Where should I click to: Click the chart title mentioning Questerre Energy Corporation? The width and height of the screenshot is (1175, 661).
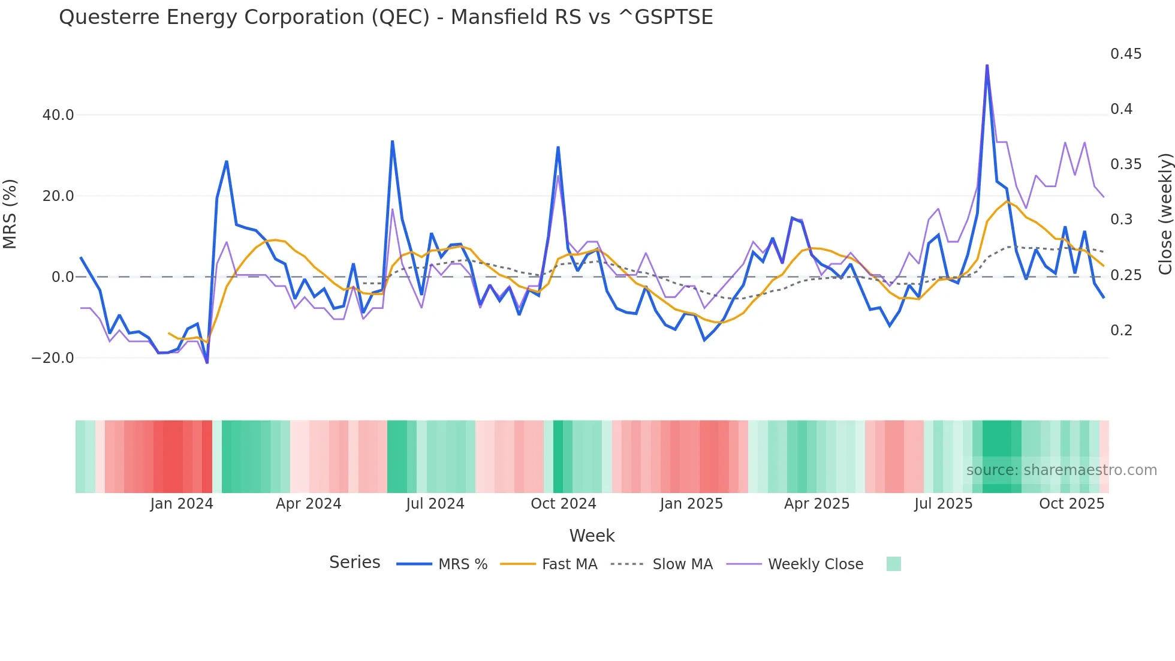[x=385, y=17]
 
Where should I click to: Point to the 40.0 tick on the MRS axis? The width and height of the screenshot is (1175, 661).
[x=58, y=115]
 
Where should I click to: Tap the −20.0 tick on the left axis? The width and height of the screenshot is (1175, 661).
[x=53, y=358]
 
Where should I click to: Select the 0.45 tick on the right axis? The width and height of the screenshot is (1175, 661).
[x=1126, y=54]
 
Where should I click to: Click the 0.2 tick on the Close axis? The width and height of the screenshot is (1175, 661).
[x=1122, y=330]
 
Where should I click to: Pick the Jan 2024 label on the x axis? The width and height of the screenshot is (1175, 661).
[x=182, y=504]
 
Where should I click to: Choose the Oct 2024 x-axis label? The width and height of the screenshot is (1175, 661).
[x=564, y=504]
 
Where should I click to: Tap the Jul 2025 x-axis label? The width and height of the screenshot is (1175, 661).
[x=943, y=504]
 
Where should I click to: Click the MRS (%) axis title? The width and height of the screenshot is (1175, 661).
[x=10, y=214]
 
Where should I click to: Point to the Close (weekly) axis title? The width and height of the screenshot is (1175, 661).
[x=1165, y=214]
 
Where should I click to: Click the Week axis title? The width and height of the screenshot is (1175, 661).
[x=592, y=536]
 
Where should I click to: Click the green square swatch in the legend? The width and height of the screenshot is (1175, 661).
[x=893, y=564]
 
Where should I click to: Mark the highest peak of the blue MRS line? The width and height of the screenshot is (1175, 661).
[x=987, y=65]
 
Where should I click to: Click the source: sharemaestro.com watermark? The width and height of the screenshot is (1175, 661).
[x=1061, y=470]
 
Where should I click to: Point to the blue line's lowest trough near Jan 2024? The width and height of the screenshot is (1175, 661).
[x=207, y=362]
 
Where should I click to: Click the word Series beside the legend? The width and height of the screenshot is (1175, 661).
[x=354, y=563]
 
